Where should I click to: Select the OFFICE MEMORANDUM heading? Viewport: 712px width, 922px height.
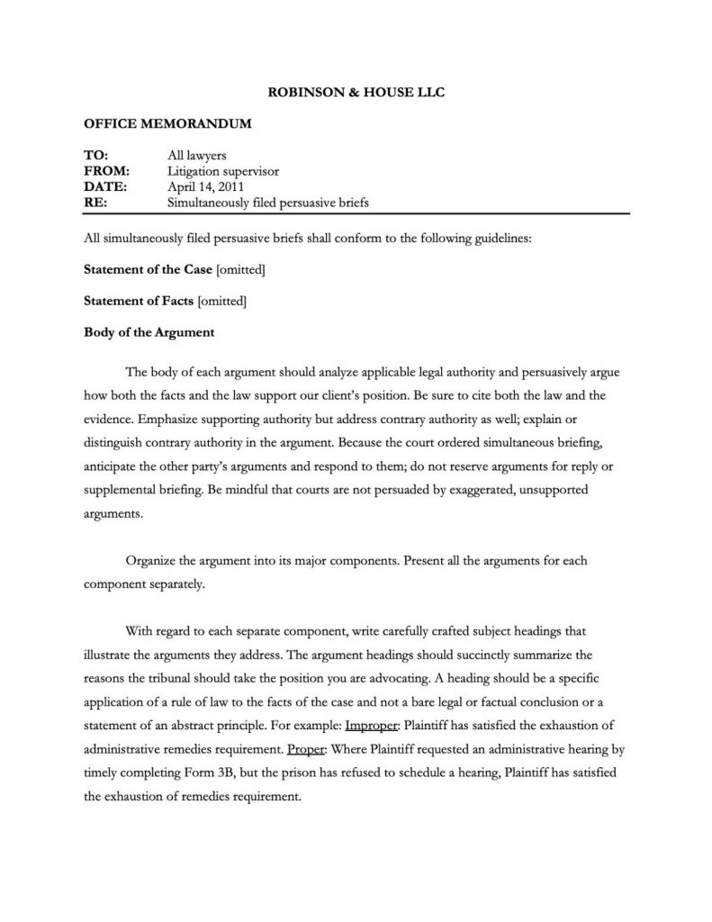point(167,123)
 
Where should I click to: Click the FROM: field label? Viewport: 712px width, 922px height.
point(106,170)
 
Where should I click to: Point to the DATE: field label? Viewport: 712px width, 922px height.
point(105,186)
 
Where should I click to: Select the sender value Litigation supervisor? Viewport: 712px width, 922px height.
point(224,170)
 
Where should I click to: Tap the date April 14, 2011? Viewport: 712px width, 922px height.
point(206,186)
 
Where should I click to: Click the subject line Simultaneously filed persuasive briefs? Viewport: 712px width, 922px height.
point(268,203)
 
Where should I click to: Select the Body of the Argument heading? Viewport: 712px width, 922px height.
point(149,332)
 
